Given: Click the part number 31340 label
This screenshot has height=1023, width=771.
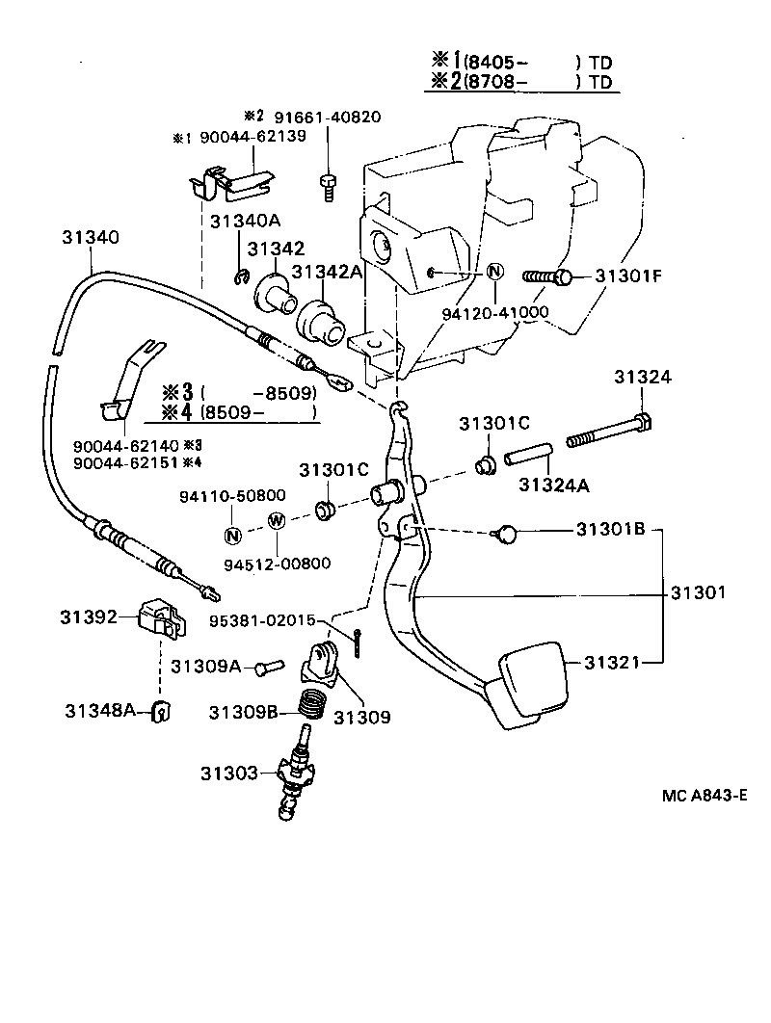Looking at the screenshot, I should click(x=91, y=236).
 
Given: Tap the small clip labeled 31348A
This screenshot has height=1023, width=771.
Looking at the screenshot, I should click(x=162, y=712).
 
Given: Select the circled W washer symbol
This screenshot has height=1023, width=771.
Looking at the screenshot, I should click(x=276, y=521).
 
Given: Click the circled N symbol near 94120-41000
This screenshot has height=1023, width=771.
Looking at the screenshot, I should click(x=493, y=272).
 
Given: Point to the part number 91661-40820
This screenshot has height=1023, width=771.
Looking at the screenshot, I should click(x=327, y=118).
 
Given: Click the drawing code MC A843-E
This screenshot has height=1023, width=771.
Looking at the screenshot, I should click(x=705, y=796).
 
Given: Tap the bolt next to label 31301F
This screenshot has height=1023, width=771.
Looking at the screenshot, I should click(x=548, y=277).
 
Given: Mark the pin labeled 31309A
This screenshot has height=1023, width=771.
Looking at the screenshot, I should click(x=269, y=665).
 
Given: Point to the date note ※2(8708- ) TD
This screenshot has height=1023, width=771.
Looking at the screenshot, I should click(x=520, y=82).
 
